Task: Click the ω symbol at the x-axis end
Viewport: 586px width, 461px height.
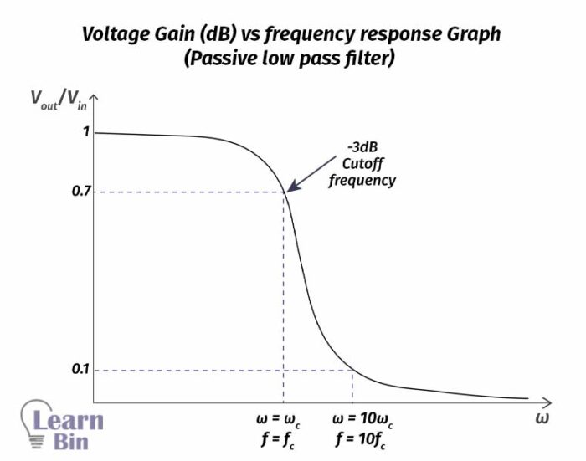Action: tap(542, 417)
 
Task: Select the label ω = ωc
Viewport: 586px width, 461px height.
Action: tap(282, 418)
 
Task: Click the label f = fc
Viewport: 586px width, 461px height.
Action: tap(282, 438)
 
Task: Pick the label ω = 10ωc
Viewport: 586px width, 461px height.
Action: tap(363, 418)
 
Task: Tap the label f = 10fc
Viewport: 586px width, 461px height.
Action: tap(363, 438)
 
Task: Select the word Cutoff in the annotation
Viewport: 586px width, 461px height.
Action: tap(361, 164)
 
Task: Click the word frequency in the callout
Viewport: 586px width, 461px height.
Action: tap(361, 180)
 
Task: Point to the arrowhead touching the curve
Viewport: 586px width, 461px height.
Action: tap(289, 190)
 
